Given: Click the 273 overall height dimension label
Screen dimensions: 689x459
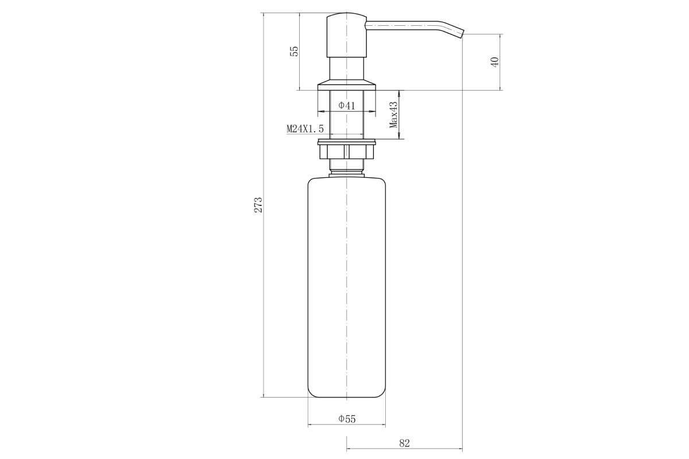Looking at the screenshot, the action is click(x=258, y=205).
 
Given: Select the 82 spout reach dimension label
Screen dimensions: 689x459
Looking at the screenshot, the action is click(x=404, y=443).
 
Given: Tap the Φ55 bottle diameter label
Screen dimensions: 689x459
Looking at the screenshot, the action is click(x=347, y=419).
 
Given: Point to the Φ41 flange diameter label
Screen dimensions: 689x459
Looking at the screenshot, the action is click(x=347, y=106).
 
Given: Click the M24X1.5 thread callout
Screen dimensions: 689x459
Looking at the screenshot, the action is click(x=305, y=129).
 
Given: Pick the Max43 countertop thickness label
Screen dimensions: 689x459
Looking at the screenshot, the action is click(x=393, y=115).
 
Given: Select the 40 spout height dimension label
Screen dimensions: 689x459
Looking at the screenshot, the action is click(x=494, y=62).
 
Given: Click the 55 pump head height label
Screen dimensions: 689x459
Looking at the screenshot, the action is click(x=295, y=51).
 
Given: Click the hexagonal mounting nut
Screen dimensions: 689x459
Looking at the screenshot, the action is click(x=347, y=152).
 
